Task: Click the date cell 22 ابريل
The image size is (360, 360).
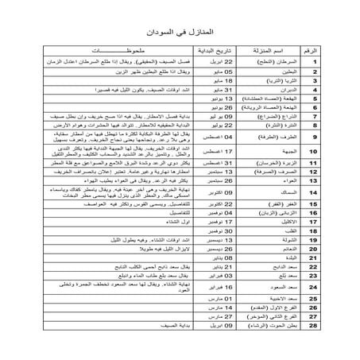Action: [242, 60]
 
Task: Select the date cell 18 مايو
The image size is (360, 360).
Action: [242, 80]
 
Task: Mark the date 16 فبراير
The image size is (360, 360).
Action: [242, 304]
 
